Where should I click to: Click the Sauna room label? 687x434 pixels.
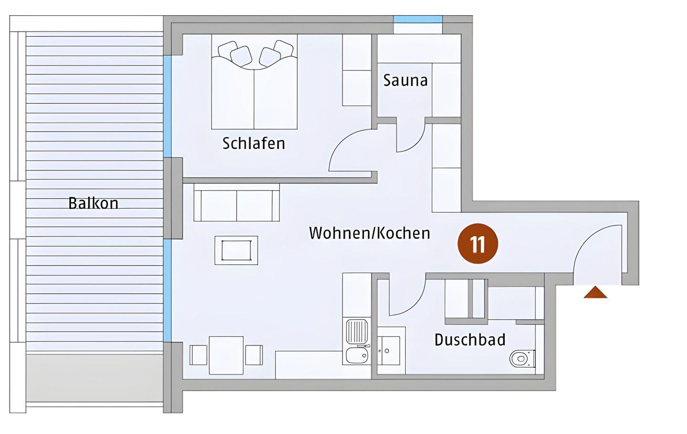coord(405,80)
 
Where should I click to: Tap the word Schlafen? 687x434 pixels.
coord(254,143)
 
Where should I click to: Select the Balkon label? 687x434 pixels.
coord(93,203)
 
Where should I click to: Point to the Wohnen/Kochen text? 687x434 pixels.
coord(370,233)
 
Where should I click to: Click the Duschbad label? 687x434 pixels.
coord(470,340)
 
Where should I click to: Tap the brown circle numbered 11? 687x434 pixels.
coord(478,244)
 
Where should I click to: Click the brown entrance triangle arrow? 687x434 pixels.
coord(595,293)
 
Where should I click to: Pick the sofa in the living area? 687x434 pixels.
coord(237,202)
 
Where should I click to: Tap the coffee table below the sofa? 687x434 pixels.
coord(236,250)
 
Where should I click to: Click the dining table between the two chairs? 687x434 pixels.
coord(226,355)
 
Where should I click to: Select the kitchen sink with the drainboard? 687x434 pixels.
coord(357,341)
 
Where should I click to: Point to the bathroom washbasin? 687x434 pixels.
coord(388,351)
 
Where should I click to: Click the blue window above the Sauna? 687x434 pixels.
coord(418,20)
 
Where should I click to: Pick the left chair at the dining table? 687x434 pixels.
coord(198,355)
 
